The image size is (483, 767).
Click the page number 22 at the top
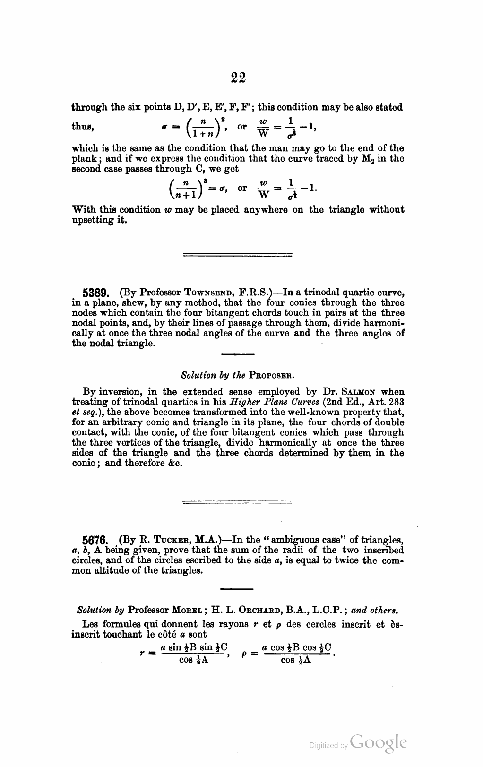[239, 78]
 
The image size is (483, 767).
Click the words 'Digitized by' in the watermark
[328, 746]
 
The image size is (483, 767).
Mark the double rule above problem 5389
[237, 255]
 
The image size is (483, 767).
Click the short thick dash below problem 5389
[238, 354]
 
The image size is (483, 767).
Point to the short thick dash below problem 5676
[237, 589]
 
